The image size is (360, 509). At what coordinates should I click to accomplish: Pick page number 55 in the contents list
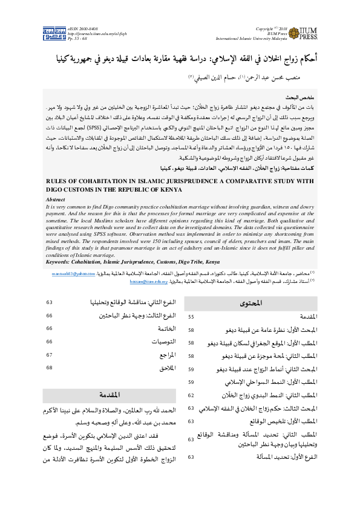point(191,317)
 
